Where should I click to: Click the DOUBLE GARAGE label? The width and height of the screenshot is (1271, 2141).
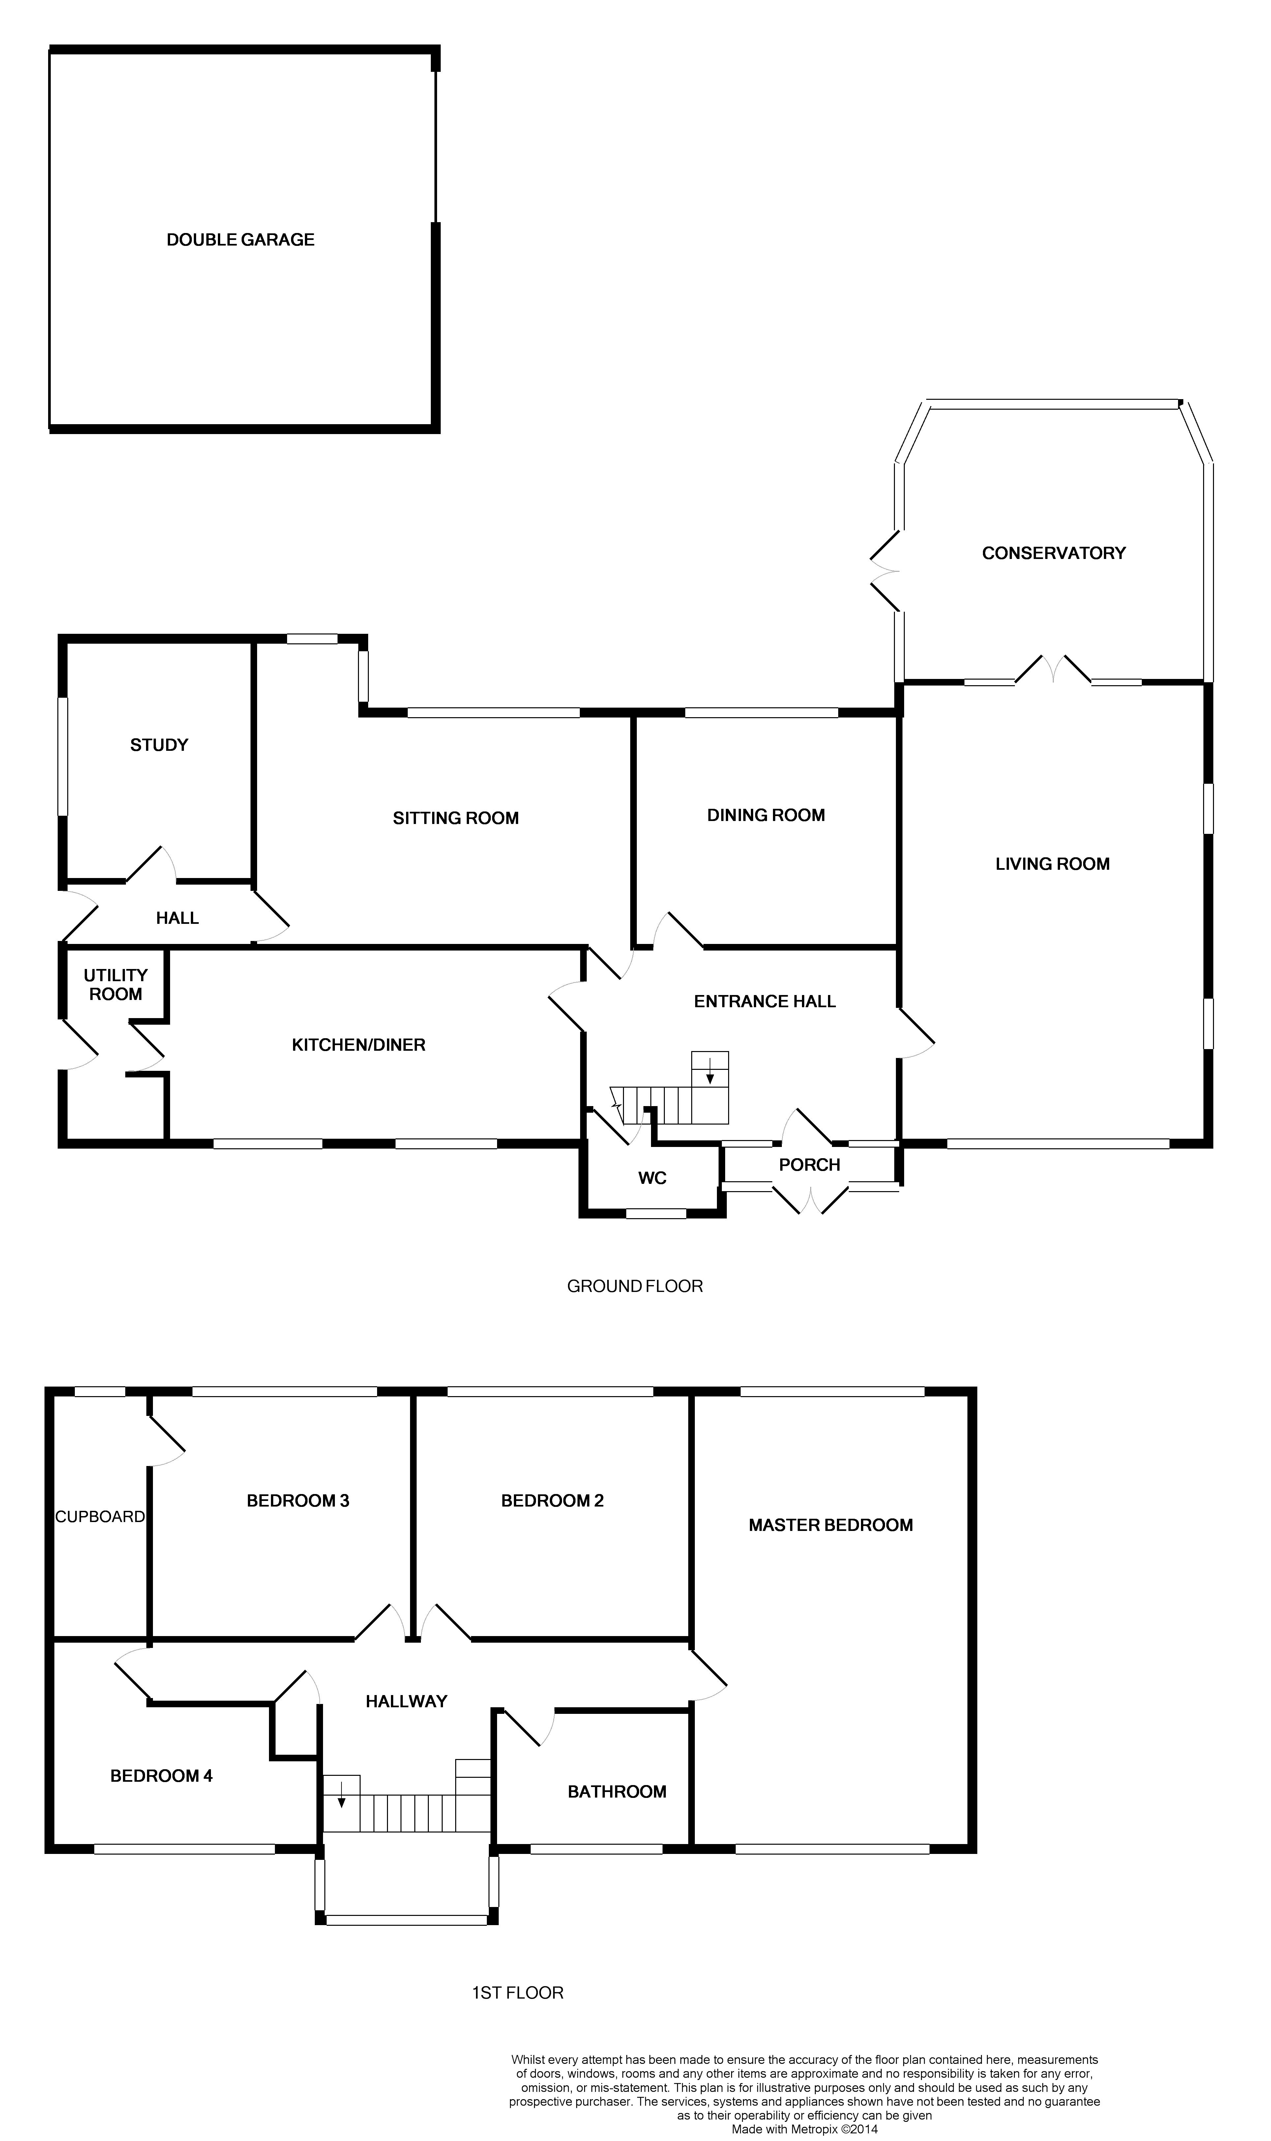[x=241, y=240]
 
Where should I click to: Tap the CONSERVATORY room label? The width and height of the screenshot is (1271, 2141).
[x=1053, y=553]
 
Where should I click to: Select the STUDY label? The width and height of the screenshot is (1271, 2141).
[x=159, y=745]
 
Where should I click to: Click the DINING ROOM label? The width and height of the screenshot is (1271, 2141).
[x=766, y=815]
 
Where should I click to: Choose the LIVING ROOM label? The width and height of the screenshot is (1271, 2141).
[x=1052, y=864]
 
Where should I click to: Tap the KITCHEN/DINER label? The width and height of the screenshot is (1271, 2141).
[x=359, y=1045]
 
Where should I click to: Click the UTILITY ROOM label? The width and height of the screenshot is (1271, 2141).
[x=116, y=985]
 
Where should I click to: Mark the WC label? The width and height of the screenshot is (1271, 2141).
[x=653, y=1178]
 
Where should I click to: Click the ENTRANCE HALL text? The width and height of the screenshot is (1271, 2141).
[x=765, y=1001]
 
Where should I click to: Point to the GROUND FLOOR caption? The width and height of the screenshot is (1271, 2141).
[x=635, y=1286]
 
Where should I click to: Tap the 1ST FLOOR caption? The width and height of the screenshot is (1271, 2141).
[x=517, y=1993]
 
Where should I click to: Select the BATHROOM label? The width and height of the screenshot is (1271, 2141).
[x=617, y=1792]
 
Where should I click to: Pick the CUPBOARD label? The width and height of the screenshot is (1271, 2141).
[x=100, y=1517]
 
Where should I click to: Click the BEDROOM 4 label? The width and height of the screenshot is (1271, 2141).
[x=161, y=1776]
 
